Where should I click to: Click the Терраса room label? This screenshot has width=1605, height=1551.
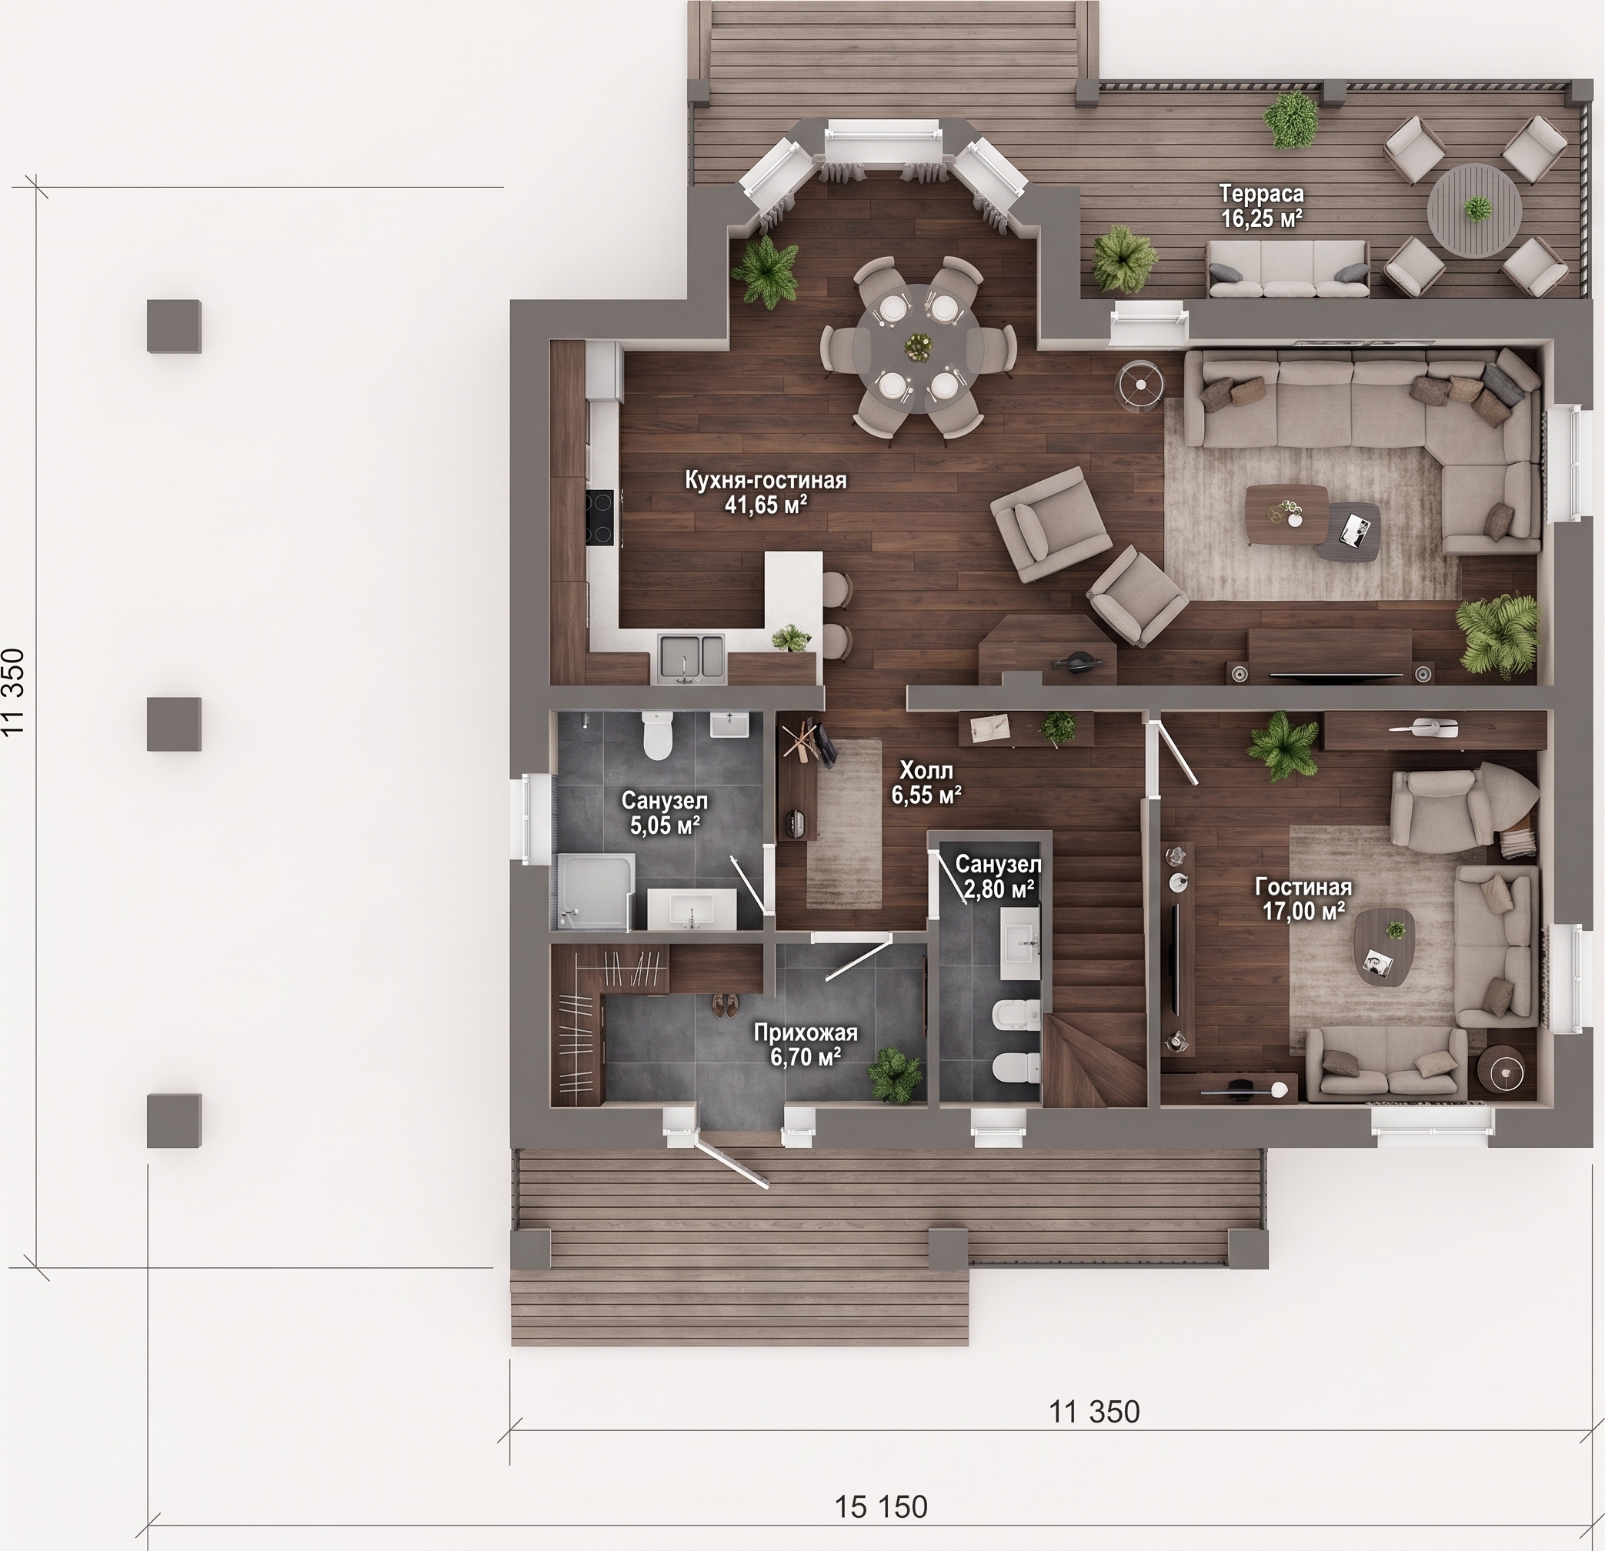[1261, 194]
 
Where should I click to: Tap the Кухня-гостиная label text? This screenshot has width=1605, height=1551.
[766, 480]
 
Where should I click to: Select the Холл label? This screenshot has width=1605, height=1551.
[926, 771]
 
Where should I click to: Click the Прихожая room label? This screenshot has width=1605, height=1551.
[806, 1032]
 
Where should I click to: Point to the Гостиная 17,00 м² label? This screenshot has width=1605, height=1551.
[1303, 899]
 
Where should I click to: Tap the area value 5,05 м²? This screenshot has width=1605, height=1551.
[664, 826]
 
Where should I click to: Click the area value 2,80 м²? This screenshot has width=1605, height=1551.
[998, 889]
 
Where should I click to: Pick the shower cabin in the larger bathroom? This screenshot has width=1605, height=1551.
[595, 891]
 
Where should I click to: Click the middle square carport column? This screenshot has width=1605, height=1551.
[174, 724]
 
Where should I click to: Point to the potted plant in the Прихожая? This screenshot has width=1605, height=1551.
[894, 1072]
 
